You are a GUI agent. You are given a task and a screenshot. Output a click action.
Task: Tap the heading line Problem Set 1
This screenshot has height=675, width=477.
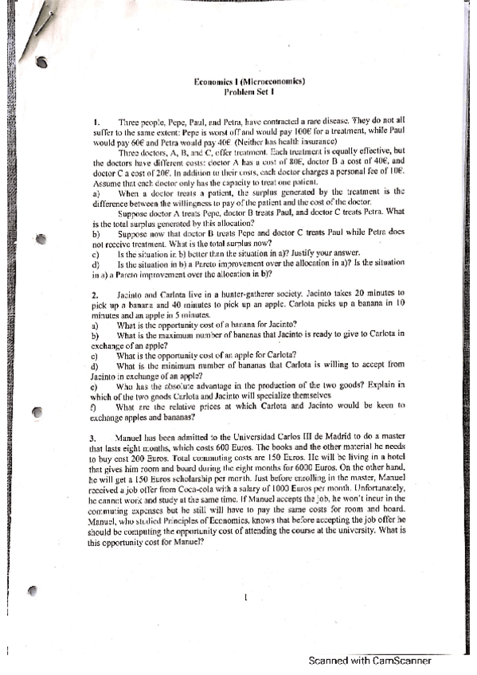(250, 92)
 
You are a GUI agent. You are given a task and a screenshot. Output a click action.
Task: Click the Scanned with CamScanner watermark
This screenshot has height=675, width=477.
(369, 660)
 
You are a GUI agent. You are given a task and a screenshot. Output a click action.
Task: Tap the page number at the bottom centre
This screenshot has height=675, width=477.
(247, 596)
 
